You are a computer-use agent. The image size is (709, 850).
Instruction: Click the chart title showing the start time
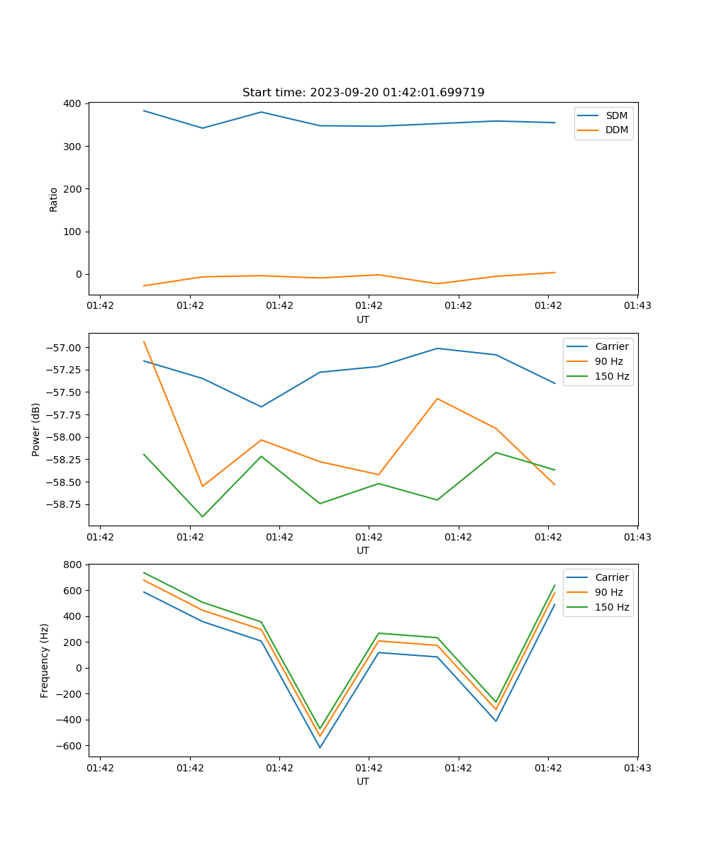point(363,93)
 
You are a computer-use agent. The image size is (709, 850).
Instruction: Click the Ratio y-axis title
point(54,199)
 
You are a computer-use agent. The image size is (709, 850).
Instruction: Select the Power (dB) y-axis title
point(36,429)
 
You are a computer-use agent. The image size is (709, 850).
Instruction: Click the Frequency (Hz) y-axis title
point(45,660)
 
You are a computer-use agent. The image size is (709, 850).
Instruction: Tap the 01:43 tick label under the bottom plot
point(637,767)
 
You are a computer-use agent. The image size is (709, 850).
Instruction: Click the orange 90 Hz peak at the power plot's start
point(144,341)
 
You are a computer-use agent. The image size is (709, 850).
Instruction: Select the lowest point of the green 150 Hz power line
point(203,516)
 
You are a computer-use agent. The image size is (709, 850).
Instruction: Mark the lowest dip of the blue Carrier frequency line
point(320,747)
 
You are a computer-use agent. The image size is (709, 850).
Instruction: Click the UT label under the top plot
point(363,319)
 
